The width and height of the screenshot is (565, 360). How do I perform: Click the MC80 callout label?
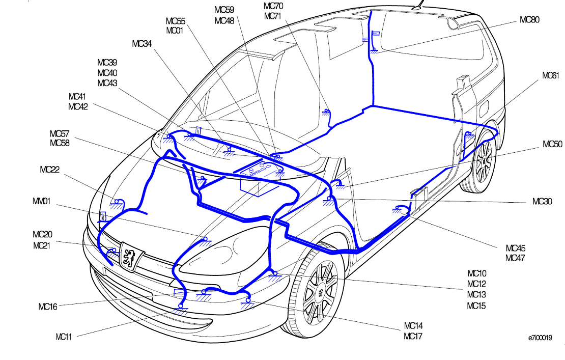pos(529,20)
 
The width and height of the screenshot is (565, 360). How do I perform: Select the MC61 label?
pos(551,75)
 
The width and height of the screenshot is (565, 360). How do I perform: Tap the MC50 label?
pos(552,144)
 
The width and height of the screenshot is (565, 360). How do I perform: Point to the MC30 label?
pos(542,202)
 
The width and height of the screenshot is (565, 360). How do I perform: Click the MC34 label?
pos(142,44)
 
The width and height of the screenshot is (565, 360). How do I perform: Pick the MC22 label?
pos(50,170)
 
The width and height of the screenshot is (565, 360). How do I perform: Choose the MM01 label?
pos(41,201)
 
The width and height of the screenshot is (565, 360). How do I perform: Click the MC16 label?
pos(48,307)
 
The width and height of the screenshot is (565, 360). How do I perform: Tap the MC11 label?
pos(64,337)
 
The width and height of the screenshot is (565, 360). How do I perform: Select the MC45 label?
pos(516,248)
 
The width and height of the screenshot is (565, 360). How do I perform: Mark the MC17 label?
pos(413,336)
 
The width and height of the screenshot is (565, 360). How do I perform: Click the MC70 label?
pos(273,6)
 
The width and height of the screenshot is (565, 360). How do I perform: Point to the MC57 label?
pos(60,134)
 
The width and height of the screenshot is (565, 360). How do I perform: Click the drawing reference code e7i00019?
pos(540,338)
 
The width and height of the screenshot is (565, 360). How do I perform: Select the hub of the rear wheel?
pos(486,160)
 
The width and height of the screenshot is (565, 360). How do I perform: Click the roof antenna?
pos(419,5)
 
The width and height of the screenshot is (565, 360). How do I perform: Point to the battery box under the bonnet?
pos(260,178)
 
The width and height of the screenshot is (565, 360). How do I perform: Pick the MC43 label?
pos(107,83)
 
